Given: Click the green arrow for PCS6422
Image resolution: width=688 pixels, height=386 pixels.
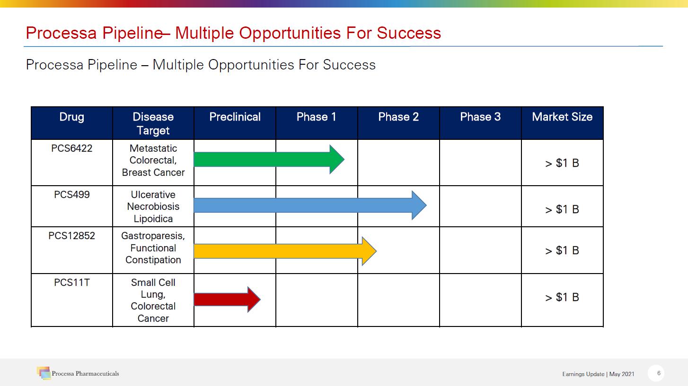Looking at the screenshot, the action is (269, 159).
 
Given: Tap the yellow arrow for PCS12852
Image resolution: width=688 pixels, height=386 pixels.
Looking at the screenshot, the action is (285, 251).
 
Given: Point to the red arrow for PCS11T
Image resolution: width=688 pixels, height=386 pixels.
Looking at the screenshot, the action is (227, 300).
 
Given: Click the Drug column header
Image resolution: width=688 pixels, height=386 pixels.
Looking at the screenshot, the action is (71, 117).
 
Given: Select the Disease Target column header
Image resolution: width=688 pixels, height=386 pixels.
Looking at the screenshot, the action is (153, 124).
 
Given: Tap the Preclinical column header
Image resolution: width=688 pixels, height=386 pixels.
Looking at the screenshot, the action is (235, 117).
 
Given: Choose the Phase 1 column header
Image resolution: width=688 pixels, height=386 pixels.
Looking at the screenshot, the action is (317, 117).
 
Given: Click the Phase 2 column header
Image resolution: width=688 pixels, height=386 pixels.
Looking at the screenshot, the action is (398, 117).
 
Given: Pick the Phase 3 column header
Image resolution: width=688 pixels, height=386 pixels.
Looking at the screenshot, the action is (480, 117).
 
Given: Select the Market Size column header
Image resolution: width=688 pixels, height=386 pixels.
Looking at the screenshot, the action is (562, 117).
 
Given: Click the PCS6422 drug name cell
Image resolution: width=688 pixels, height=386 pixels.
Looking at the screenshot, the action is (71, 148).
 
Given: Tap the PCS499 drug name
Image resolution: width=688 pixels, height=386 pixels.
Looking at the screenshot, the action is (71, 195).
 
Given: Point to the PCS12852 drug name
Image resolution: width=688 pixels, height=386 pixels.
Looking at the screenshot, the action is (71, 236).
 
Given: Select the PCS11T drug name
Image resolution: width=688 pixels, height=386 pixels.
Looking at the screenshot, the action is (71, 283).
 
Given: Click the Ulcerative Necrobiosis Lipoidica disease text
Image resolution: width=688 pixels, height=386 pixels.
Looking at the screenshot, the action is (153, 206).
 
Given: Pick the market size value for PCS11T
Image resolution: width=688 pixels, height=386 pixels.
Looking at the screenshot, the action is (562, 297).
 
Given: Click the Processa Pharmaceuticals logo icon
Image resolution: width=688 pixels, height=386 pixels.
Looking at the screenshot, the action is (44, 373).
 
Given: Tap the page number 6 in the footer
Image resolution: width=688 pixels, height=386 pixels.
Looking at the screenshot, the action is (659, 373).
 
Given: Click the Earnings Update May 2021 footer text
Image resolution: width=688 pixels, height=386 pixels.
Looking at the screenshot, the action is (598, 374).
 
